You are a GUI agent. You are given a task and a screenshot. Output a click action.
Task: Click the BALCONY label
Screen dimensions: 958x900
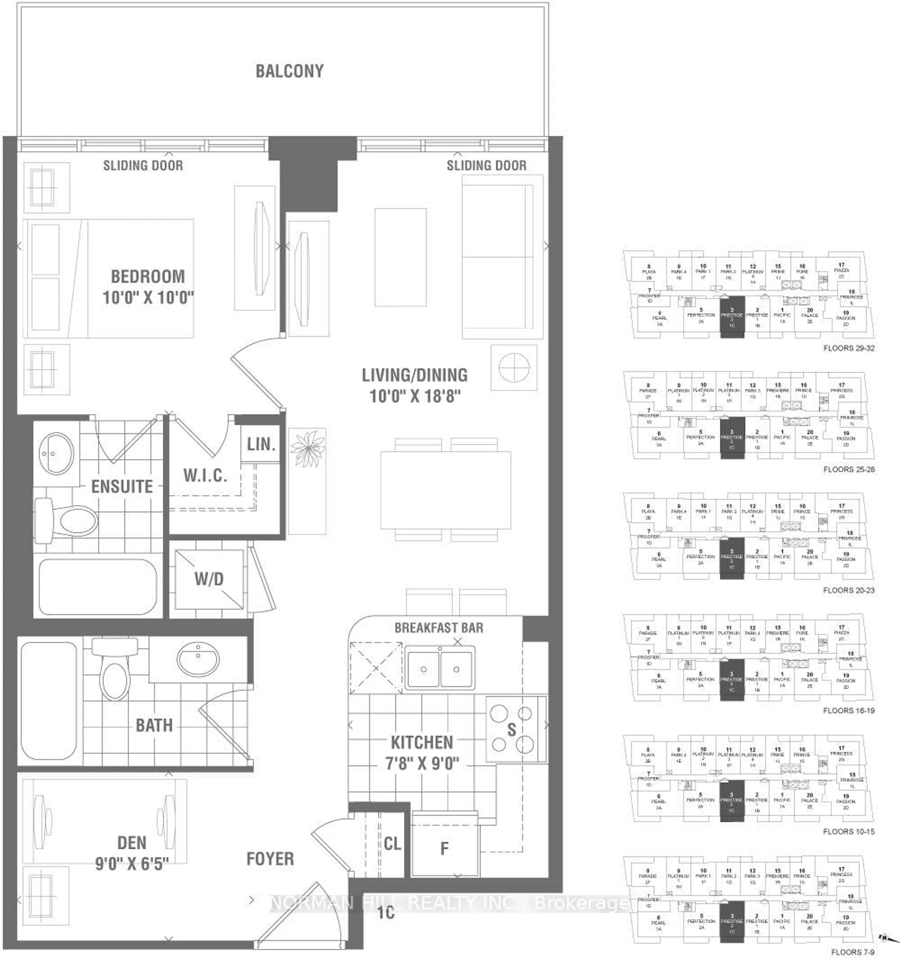[x=289, y=71]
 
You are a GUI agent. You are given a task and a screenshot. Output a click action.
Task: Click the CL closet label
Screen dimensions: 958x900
[x=392, y=844]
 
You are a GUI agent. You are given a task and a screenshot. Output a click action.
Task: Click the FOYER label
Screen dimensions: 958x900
[x=270, y=859]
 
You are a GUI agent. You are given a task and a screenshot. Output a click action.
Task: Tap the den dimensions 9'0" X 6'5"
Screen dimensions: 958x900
[x=131, y=864]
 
